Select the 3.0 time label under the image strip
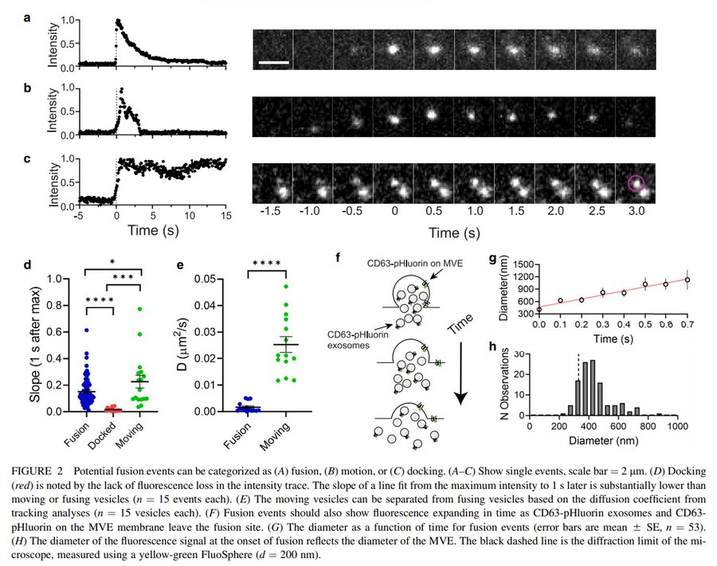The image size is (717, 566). (x=636, y=213)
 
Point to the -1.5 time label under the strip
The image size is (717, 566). (x=273, y=213)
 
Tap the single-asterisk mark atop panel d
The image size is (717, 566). (x=113, y=260)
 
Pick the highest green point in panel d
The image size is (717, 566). (x=139, y=308)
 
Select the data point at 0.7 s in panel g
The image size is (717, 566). (x=688, y=279)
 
